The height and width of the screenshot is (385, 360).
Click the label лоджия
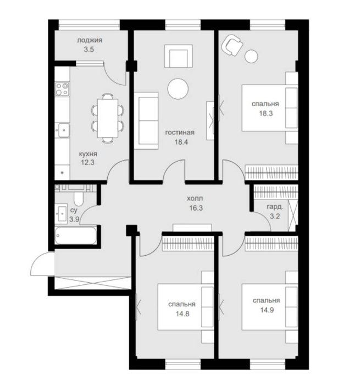click(90, 40)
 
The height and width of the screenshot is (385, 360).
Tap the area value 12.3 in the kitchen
click(87, 162)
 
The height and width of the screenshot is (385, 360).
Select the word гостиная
click(180, 133)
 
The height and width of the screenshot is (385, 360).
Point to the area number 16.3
click(196, 208)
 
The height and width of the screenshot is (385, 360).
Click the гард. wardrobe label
click(275, 207)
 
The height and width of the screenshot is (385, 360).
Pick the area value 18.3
click(266, 113)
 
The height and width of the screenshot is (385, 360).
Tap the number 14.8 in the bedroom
click(182, 314)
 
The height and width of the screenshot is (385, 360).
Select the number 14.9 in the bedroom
click(267, 310)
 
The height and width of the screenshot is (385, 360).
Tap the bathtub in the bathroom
click(76, 236)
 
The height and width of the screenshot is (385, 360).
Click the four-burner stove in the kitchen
click(62, 89)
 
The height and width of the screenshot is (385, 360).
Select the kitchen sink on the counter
click(62, 130)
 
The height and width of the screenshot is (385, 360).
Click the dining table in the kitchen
click(108, 118)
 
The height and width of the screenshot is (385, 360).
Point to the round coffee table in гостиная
click(178, 89)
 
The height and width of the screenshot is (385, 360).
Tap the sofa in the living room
click(146, 120)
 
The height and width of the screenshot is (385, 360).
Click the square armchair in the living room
click(179, 56)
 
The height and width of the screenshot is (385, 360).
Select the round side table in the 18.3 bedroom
click(251, 56)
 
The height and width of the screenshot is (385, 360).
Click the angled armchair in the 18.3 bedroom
click(232, 45)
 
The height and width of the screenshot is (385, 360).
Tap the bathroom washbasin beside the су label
click(61, 213)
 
